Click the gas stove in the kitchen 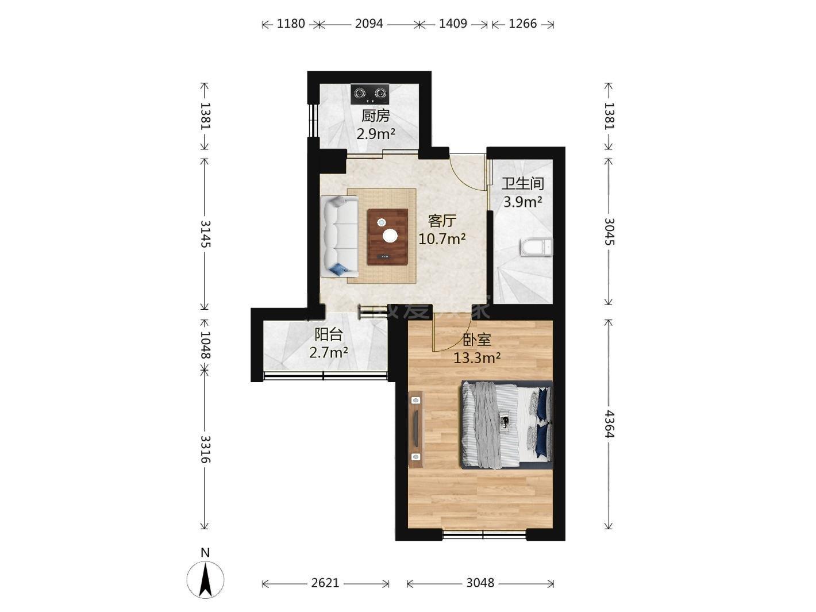370,94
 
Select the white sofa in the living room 340,236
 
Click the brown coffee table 388,237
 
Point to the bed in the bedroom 507,424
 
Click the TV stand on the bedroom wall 415,429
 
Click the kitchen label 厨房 375,116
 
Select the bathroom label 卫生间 523,183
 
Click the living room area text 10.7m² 442,238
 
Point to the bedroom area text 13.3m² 477,358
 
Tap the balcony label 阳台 329,334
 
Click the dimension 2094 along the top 369,24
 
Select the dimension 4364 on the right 609,424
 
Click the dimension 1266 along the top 523,24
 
